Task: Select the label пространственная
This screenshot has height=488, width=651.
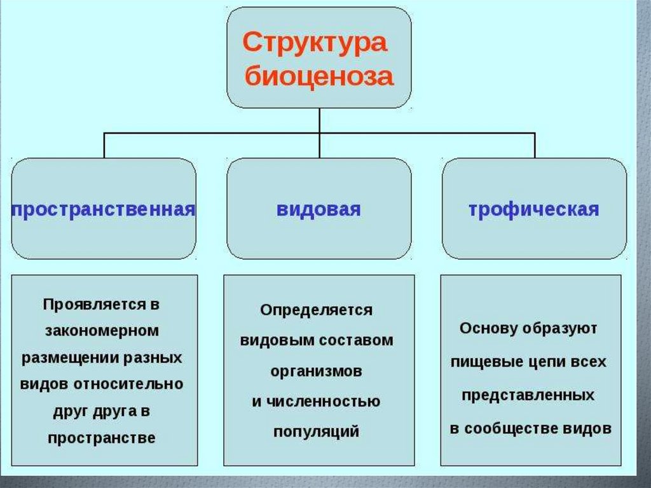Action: point(103,209)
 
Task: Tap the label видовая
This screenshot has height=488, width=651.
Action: point(319,209)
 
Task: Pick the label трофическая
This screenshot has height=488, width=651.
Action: point(534,209)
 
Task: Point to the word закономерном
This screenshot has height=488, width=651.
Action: point(102,331)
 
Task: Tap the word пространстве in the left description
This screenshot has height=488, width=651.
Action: point(102,438)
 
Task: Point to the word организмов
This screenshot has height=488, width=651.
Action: point(316,371)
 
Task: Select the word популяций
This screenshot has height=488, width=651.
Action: point(316,432)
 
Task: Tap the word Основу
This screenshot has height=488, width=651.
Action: point(486,329)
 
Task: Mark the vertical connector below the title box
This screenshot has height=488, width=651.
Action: point(320,120)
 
